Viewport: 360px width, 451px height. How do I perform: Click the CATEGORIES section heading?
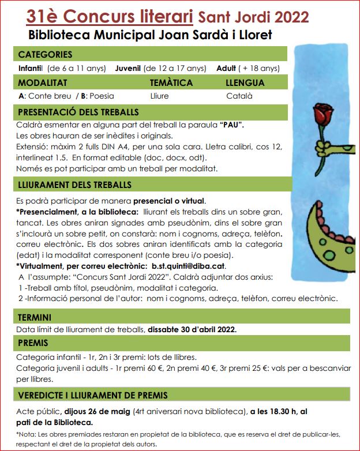pyautogui.click(x=46, y=55)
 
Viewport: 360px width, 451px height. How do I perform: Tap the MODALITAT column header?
pyautogui.click(x=43, y=83)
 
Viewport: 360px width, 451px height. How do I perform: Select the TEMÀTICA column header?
pyautogui.click(x=171, y=83)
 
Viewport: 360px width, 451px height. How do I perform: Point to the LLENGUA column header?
pyautogui.click(x=245, y=83)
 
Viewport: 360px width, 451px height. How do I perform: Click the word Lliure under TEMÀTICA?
pyautogui.click(x=159, y=96)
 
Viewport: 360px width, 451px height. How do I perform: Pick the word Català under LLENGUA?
pyautogui.click(x=238, y=96)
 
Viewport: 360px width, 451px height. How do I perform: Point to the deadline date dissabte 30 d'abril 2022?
pyautogui.click(x=192, y=330)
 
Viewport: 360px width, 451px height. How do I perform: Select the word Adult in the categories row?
pyautogui.click(x=226, y=68)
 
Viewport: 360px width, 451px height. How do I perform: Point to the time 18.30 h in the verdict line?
pyautogui.click(x=284, y=411)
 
